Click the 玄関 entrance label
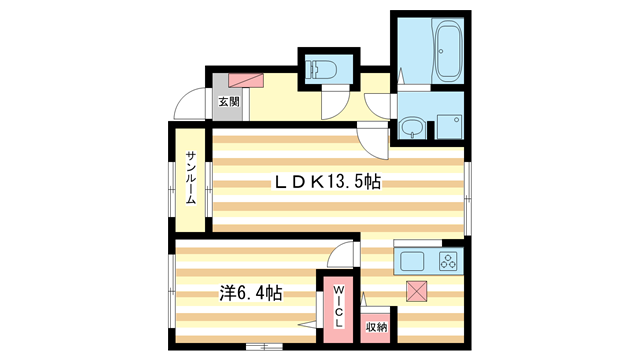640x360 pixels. [227, 102]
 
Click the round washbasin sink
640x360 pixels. [412, 128]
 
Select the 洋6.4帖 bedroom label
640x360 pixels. [250, 294]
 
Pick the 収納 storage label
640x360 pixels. [376, 327]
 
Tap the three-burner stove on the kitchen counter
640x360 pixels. [446, 264]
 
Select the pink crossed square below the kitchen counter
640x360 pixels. [417, 292]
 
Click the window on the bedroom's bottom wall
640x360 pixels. [262, 346]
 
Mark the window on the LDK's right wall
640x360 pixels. [467, 190]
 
